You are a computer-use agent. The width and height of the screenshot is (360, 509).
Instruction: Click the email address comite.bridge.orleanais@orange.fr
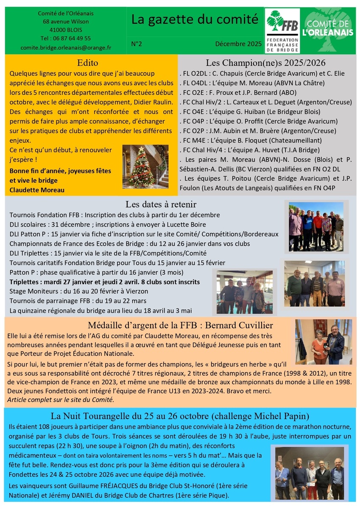coord(65,48)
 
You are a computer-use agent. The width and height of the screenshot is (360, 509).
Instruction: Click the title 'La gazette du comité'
coord(194,19)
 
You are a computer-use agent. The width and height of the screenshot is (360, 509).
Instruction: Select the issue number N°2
coord(137,43)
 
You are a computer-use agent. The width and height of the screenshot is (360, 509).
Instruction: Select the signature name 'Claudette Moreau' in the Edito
coord(37,190)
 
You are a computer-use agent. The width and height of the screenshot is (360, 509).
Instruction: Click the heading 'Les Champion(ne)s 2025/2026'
coord(265,63)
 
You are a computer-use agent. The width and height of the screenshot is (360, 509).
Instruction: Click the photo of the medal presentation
coord(324,341)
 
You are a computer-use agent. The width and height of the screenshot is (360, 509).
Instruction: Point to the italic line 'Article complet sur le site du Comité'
coord(61,400)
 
